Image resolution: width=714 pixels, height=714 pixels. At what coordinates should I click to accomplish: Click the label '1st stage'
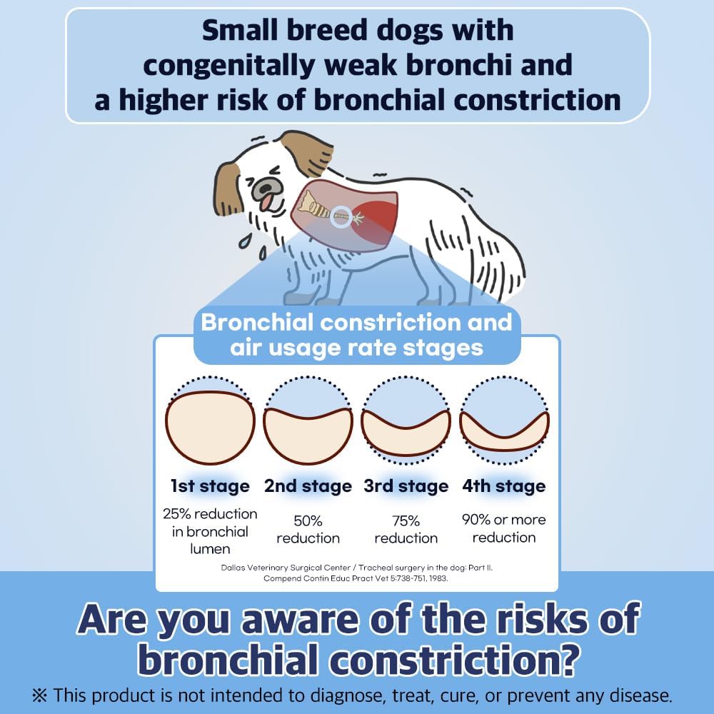[x=210, y=487]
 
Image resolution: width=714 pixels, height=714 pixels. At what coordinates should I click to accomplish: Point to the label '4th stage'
[x=504, y=487]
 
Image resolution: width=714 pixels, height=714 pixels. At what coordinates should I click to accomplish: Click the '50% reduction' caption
[x=308, y=529]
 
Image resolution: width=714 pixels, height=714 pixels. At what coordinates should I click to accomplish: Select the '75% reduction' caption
[x=406, y=529]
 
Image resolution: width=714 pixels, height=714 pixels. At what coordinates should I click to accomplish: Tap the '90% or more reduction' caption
[x=504, y=528]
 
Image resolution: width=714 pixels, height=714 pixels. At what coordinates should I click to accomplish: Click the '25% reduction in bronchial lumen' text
[x=210, y=531]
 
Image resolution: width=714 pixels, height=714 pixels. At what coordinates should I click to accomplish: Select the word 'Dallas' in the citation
[x=236, y=568]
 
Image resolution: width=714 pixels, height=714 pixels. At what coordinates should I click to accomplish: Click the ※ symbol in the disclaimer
[x=41, y=695]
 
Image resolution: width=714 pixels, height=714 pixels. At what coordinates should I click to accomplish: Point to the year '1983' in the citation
[x=436, y=578]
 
